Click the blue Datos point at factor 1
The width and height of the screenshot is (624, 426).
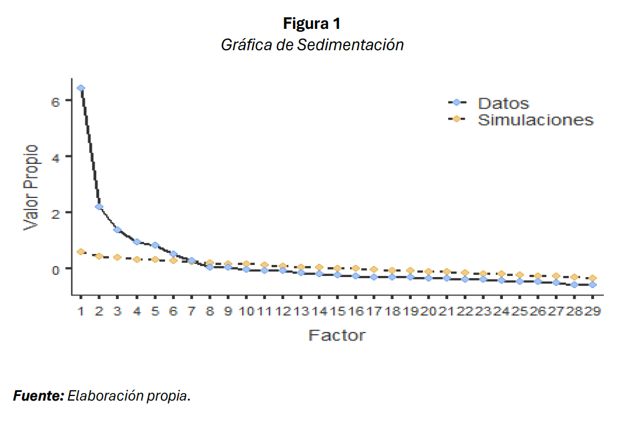[81, 88]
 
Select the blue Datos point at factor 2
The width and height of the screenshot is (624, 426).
[99, 207]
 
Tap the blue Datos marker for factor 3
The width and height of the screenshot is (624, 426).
[117, 230]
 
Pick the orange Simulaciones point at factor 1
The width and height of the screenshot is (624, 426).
[81, 252]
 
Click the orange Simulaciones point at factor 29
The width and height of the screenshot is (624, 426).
[593, 278]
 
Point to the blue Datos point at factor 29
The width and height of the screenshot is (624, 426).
[593, 285]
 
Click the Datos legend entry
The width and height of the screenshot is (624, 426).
[503, 103]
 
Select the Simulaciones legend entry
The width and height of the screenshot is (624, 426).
[535, 120]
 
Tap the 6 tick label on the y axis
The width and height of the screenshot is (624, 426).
[56, 101]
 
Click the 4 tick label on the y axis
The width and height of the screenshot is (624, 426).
[56, 156]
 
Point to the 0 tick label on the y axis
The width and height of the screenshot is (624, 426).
[56, 269]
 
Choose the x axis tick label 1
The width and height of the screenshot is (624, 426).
[81, 312]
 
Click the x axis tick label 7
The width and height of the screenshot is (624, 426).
[191, 312]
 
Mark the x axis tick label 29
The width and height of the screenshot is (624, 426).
[593, 312]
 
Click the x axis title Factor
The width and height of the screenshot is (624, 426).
[337, 335]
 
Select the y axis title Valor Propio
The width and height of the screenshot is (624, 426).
[31, 188]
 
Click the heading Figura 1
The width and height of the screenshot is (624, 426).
[312, 24]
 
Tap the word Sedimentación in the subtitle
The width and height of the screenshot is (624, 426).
[350, 45]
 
